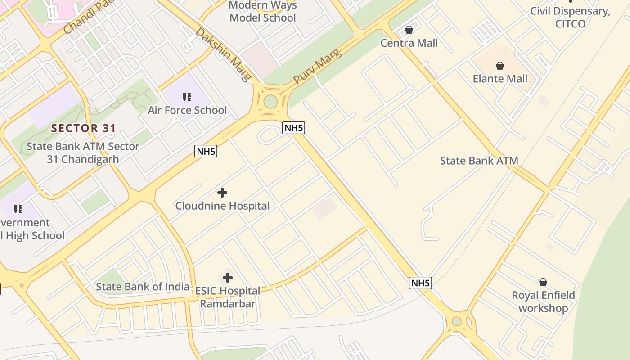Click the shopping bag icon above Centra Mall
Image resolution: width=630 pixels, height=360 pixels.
tap(409, 30)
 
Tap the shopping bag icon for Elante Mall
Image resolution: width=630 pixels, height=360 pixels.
tap(499, 66)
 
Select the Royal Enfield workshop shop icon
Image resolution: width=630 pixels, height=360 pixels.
tap(543, 282)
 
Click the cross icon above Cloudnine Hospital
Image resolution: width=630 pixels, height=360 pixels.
tap(222, 193)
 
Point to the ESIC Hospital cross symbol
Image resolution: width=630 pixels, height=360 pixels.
tap(228, 277)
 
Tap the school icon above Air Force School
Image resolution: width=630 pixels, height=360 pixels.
tap(187, 97)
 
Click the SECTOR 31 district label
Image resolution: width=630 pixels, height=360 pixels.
tap(84, 128)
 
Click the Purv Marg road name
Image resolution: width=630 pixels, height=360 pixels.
tap(318, 66)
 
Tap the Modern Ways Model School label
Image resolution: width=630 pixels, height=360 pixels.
tap(263, 12)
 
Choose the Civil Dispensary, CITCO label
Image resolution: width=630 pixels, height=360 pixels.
tap(570, 17)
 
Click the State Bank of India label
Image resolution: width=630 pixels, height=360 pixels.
tap(143, 287)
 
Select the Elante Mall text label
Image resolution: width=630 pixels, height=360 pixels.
tap(500, 79)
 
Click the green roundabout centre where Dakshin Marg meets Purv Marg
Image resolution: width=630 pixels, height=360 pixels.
tap(270, 101)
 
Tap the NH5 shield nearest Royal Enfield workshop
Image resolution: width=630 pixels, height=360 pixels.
tap(421, 283)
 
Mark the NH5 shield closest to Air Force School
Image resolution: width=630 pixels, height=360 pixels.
tap(206, 151)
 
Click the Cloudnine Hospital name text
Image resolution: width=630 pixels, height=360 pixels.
tap(222, 206)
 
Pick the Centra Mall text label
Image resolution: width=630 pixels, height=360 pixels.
tap(409, 43)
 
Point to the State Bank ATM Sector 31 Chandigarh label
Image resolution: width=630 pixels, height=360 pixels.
tap(83, 153)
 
